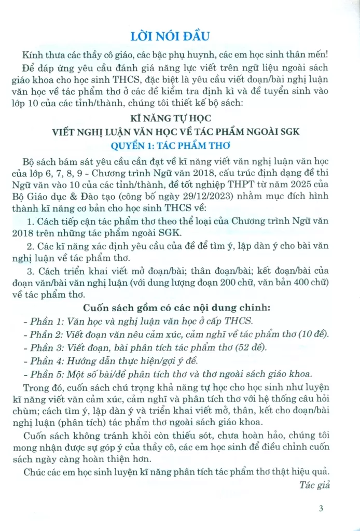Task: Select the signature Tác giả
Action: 312,484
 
